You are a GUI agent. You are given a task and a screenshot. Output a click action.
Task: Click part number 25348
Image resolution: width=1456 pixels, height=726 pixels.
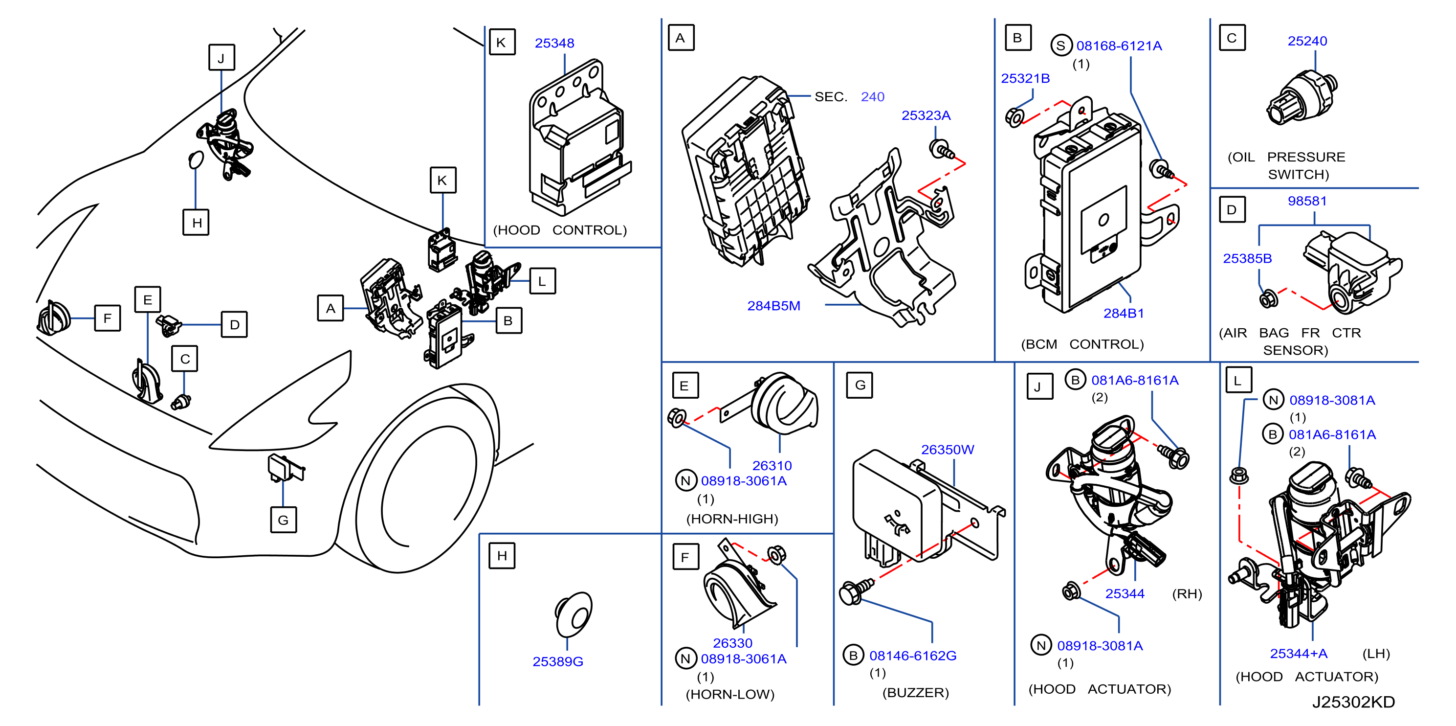[554, 43]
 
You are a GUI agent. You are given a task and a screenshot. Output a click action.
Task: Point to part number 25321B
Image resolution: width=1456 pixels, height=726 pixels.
[1025, 79]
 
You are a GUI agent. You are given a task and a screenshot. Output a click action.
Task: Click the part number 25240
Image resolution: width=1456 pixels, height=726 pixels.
[1307, 41]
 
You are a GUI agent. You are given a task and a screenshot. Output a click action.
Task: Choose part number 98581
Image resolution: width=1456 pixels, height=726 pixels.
[1307, 201]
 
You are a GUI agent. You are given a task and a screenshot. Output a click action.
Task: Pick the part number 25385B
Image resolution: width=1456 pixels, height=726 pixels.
[1247, 259]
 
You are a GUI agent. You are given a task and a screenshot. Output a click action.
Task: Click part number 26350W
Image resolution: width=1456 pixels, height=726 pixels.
[948, 450]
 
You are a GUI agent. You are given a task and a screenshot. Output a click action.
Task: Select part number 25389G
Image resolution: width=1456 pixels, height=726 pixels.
[557, 661]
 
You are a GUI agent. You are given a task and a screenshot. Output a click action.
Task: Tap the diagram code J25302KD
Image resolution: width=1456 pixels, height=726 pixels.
[1353, 702]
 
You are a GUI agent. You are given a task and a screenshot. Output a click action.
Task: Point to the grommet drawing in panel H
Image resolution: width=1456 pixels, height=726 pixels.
[574, 614]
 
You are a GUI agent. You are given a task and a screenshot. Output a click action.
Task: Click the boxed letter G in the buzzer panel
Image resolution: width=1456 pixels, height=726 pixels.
[860, 386]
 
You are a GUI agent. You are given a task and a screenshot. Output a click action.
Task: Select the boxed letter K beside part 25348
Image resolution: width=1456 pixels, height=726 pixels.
[501, 43]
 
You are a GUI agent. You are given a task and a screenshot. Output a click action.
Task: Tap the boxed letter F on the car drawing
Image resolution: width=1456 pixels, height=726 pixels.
[108, 318]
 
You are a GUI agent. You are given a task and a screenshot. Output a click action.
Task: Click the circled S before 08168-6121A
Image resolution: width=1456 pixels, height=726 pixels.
[1061, 46]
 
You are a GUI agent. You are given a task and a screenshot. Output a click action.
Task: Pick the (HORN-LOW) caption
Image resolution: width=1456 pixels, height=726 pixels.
[729, 694]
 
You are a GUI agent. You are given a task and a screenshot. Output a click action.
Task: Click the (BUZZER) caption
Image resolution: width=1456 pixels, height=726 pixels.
[915, 693]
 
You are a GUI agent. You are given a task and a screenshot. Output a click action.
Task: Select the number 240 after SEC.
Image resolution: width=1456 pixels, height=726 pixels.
[872, 97]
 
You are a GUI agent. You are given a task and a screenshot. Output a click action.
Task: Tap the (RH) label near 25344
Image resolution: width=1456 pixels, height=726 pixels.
[1187, 594]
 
